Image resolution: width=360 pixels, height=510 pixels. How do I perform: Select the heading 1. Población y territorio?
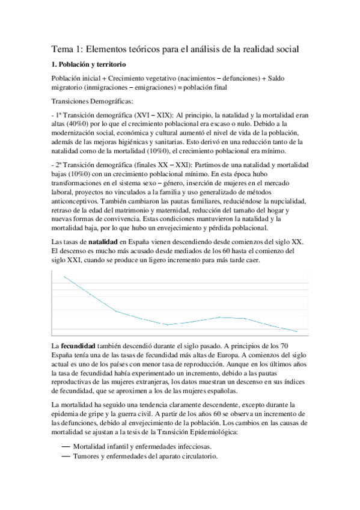[88, 64]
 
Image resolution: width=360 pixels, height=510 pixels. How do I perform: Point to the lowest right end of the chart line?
[297, 331]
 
